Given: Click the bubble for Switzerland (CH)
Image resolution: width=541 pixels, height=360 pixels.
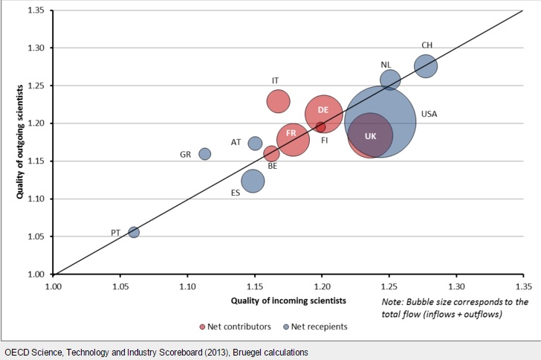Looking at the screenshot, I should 426,67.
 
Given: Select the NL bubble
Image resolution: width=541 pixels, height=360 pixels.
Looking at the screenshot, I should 390,80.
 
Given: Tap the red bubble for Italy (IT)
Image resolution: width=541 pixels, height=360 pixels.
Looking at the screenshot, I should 279,100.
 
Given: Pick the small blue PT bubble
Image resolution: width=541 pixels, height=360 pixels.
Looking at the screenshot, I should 134,232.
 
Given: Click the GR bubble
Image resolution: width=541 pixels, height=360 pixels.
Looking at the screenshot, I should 205,154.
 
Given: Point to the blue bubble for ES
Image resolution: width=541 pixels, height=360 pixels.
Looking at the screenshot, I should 253,181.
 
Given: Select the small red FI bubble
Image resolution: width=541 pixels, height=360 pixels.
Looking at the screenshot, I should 321,126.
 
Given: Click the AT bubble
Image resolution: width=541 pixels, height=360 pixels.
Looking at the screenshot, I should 255,143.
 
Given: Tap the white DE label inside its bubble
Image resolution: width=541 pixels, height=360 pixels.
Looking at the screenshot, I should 323,110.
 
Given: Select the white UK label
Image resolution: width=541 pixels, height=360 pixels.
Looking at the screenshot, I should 370,135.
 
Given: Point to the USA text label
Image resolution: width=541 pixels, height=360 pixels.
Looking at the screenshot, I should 429,115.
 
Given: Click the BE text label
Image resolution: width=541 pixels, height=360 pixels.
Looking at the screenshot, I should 273,167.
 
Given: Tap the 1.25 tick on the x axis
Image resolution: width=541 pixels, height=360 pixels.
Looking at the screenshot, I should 389,285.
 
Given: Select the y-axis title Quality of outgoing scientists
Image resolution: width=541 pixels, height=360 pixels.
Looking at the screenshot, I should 20,143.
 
